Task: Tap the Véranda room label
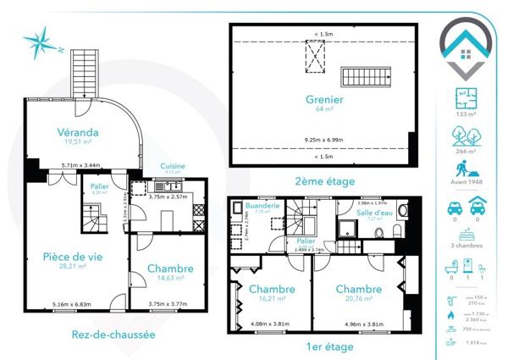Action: pos(78,132)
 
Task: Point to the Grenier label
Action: pos(323,98)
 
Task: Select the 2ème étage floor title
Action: pos(323,180)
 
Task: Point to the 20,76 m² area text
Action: pos(359,298)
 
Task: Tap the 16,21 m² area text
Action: pos(272,298)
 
